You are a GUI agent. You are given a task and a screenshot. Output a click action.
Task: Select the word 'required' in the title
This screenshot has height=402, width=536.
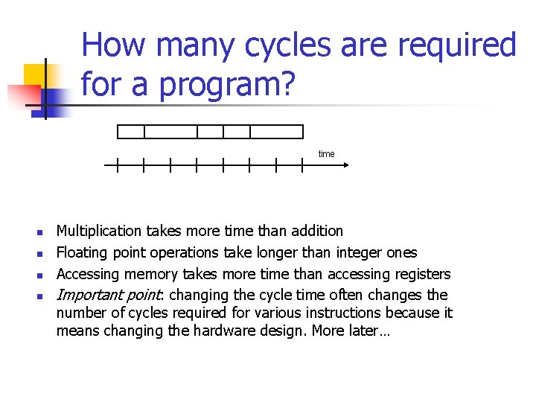point(456,46)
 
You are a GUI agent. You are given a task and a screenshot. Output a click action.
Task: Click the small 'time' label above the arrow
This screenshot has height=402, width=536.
point(327,154)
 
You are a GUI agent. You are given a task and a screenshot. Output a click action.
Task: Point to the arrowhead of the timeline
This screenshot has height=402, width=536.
point(345,165)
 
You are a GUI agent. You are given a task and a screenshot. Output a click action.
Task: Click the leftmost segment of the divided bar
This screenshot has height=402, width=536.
point(131,132)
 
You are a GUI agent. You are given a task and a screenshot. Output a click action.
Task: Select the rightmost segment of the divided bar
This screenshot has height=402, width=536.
point(276,132)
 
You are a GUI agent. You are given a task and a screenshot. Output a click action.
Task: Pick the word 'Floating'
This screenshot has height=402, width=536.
point(83,253)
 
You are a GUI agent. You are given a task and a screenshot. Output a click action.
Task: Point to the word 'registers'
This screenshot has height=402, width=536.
point(422,274)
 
